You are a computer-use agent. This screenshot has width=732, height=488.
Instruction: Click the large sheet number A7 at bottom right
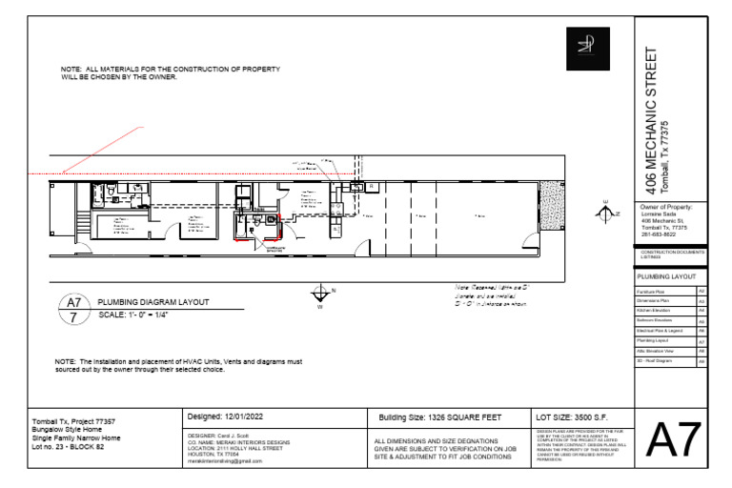pyautogui.click(x=675, y=441)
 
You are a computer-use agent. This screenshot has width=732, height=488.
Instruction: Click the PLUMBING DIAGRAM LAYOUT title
pyautogui.click(x=152, y=302)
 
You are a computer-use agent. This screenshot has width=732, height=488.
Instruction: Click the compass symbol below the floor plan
pyautogui.click(x=320, y=294)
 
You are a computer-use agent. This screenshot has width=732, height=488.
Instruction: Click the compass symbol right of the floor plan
pyautogui.click(x=604, y=214)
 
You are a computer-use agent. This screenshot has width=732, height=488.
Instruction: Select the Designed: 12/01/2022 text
pyautogui.click(x=226, y=417)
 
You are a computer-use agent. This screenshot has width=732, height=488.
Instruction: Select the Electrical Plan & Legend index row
pyautogui.click(x=665, y=331)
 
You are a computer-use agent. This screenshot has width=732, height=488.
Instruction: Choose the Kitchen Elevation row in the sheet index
pyautogui.click(x=665, y=310)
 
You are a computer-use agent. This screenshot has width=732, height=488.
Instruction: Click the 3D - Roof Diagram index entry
pyautogui.click(x=665, y=361)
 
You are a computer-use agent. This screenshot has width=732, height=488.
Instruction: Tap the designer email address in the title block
pyautogui.click(x=225, y=460)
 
